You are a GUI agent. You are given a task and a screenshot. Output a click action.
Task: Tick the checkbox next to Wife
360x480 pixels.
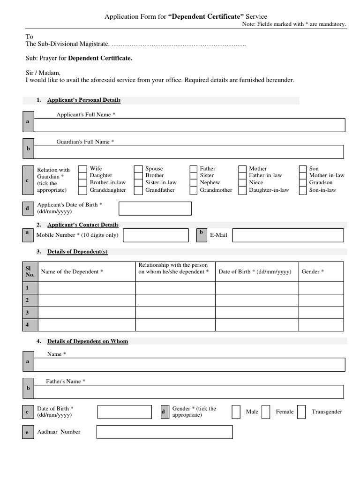[82, 169]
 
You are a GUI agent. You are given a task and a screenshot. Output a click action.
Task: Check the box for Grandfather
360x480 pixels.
[138, 190]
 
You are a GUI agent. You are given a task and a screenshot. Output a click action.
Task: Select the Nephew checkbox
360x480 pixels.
[194, 183]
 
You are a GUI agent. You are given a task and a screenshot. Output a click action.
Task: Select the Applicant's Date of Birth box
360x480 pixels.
[155, 209]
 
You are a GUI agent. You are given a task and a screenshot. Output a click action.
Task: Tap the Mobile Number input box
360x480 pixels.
[156, 235]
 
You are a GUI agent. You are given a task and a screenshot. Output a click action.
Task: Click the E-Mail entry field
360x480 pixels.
[288, 235]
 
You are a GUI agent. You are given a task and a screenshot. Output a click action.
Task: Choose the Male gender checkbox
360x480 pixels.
[236, 412]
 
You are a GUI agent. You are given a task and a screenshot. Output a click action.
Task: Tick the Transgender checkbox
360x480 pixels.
[301, 412]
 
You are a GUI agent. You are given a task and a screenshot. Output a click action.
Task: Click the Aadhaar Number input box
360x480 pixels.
[165, 432]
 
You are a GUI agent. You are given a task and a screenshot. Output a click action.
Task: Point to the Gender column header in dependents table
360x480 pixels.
[313, 272]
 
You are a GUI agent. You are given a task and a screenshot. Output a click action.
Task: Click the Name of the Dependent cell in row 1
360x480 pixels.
[87, 288]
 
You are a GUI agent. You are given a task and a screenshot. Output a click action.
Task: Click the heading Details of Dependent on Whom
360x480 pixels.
[88, 341]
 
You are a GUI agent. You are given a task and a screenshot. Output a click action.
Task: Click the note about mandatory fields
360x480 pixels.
[294, 24]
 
